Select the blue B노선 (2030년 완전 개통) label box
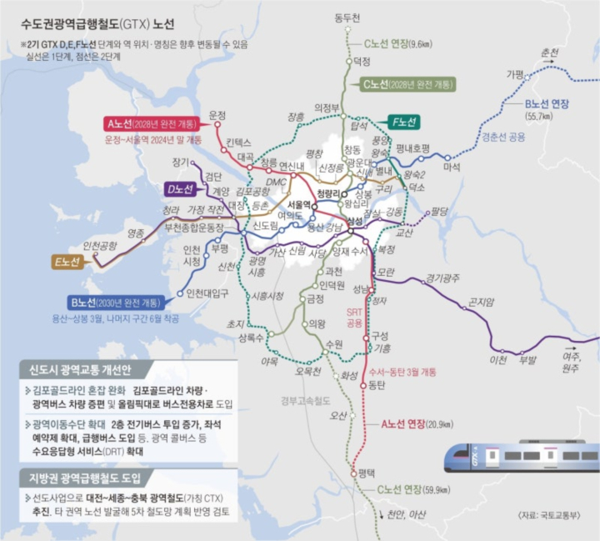(x=126, y=302)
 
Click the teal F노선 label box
(x=403, y=122)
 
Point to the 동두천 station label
(x=346, y=18)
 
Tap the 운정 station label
(x=218, y=115)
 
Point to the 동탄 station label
(x=377, y=386)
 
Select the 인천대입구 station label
(x=208, y=293)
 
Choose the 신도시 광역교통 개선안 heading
(x=80, y=369)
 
